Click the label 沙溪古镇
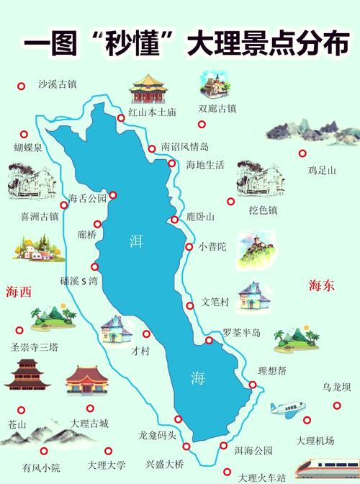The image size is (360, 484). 57,84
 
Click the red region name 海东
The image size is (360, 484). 322,285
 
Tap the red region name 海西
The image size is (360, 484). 19,292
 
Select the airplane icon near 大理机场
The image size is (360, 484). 288,410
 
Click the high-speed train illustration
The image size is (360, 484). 332,467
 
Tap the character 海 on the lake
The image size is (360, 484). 197,377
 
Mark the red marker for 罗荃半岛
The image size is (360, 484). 208,341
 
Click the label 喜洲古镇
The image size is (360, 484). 40,215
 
